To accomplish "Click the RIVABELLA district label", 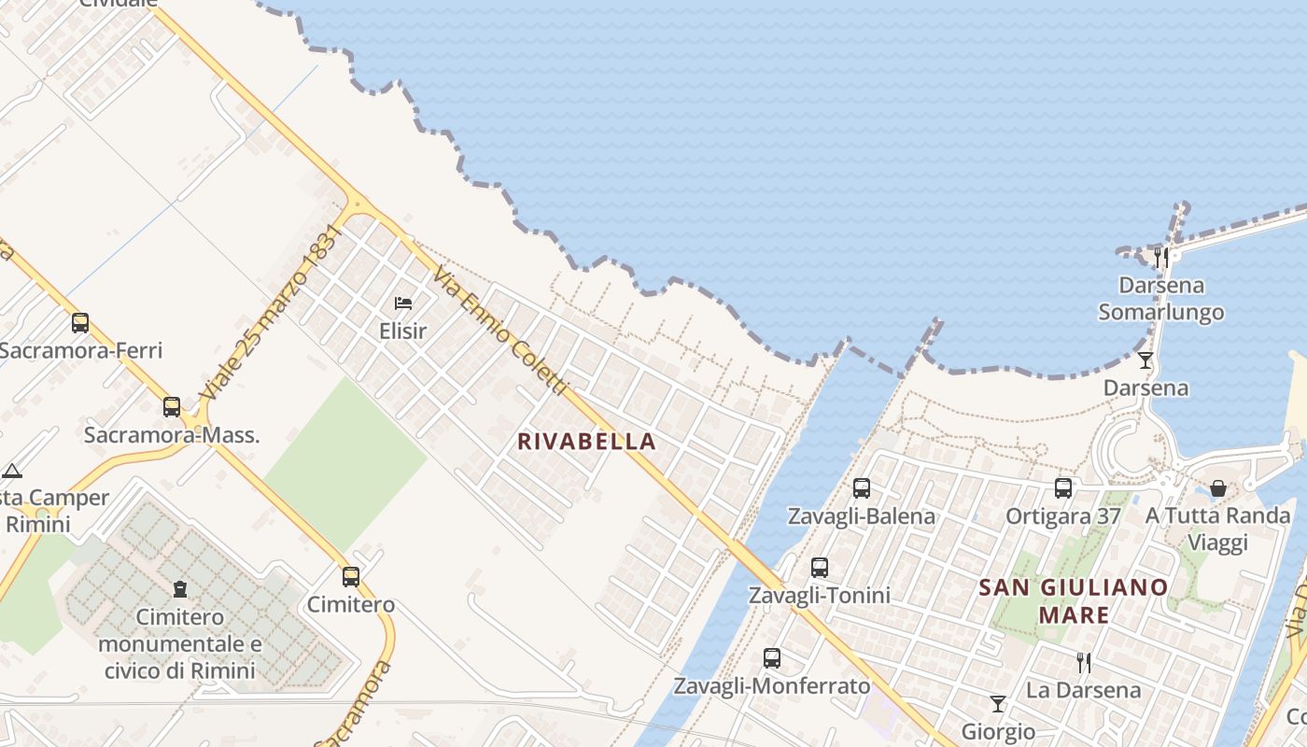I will pyautogui.click(x=587, y=442).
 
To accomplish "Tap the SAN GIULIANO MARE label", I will pyautogui.click(x=1074, y=600).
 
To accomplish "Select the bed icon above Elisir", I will pyautogui.click(x=403, y=303).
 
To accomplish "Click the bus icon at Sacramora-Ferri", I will pyautogui.click(x=80, y=323).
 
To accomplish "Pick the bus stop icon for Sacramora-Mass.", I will pyautogui.click(x=172, y=407).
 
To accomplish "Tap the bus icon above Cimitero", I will pyautogui.click(x=351, y=577).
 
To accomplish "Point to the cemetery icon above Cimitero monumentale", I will pyautogui.click(x=179, y=589).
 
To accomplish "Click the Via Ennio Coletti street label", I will pyautogui.click(x=499, y=330).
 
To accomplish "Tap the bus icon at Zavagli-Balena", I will pyautogui.click(x=862, y=487).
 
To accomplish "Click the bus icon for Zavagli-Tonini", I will pyautogui.click(x=820, y=567).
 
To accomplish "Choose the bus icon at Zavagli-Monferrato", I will pyautogui.click(x=772, y=657).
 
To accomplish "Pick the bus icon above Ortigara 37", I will pyautogui.click(x=1063, y=487).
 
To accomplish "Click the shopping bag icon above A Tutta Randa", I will pyautogui.click(x=1218, y=487).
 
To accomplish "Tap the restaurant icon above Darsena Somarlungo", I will pyautogui.click(x=1161, y=257).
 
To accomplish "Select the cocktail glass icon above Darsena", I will pyautogui.click(x=1145, y=359).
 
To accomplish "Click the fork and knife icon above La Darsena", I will pyautogui.click(x=1084, y=662).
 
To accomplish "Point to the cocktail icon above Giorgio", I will pyautogui.click(x=998, y=703).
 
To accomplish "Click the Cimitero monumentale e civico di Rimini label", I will pyautogui.click(x=179, y=643).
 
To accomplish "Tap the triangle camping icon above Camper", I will pyautogui.click(x=11, y=471).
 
